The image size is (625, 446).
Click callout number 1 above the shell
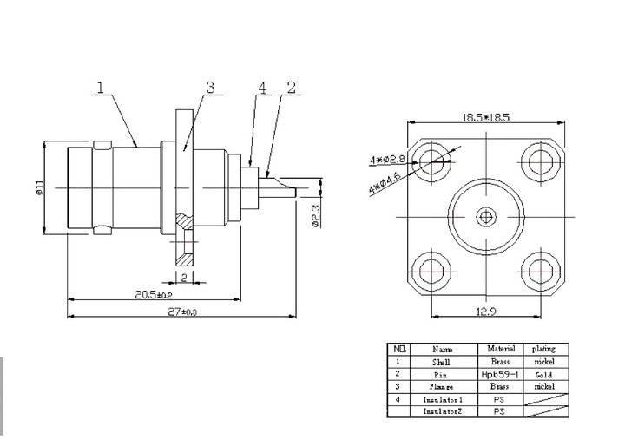(101, 88)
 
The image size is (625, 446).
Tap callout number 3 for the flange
(210, 88)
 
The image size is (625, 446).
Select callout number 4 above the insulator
(261, 88)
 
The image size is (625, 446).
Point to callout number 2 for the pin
(291, 87)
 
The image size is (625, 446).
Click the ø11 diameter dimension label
(39, 187)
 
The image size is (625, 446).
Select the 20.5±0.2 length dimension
(155, 294)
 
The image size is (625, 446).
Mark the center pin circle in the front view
(487, 213)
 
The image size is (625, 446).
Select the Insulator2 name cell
(443, 411)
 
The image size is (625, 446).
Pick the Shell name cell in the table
(443, 362)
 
